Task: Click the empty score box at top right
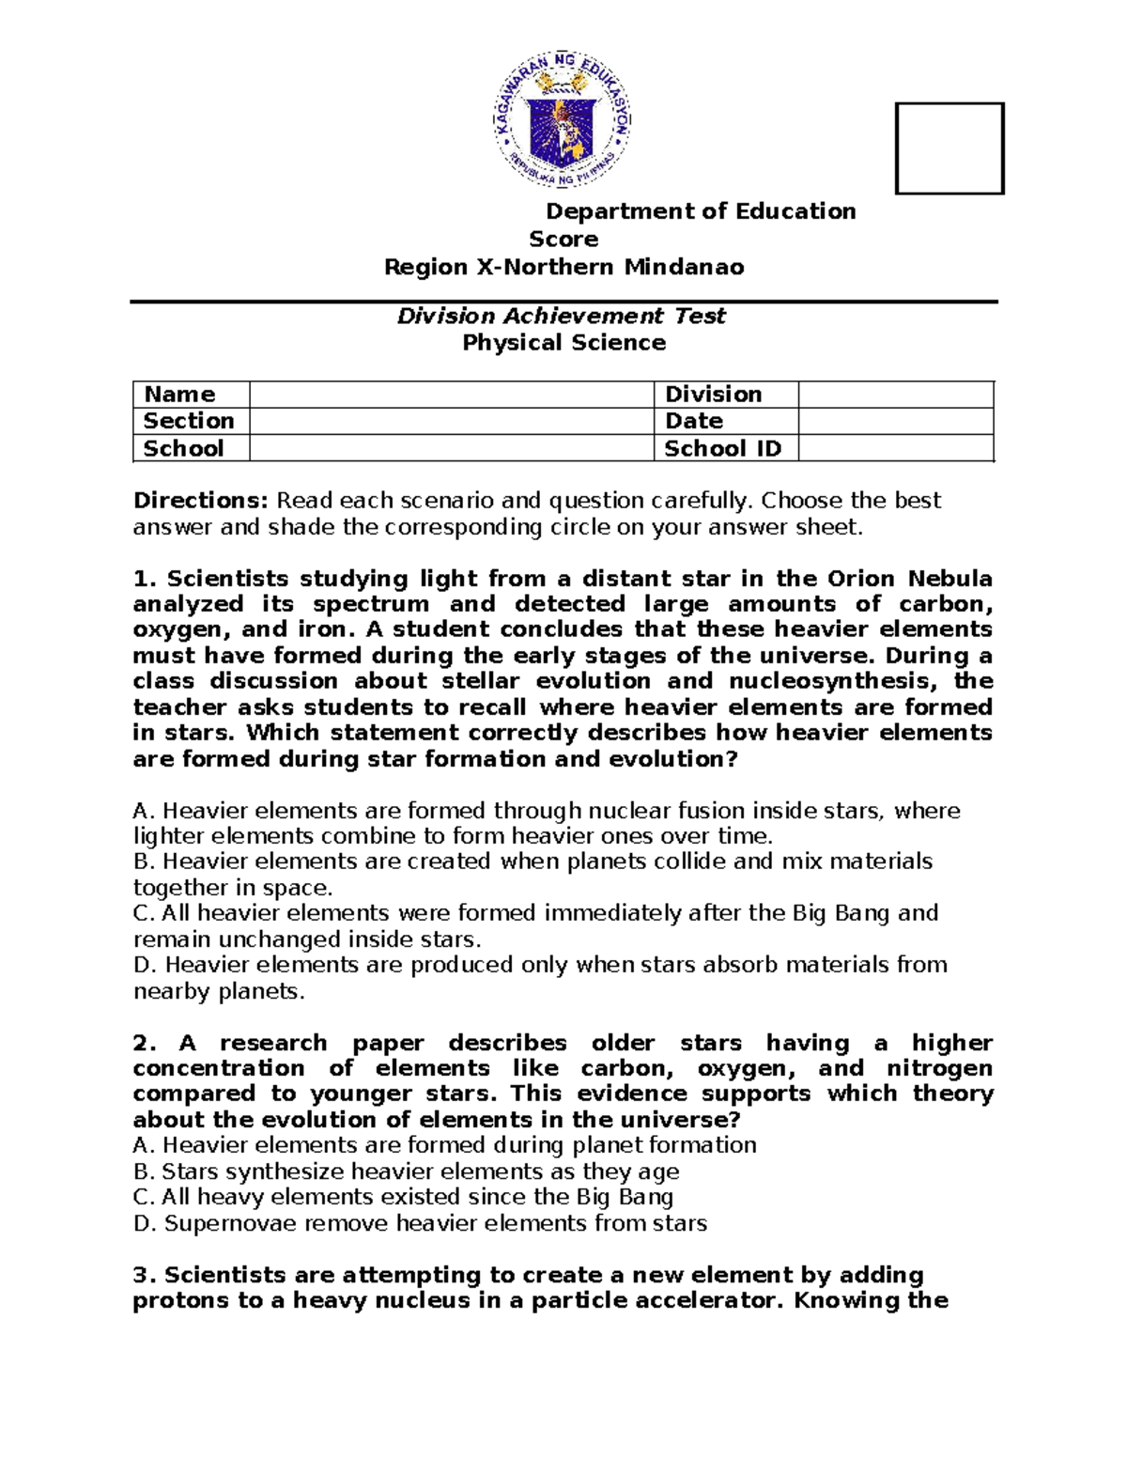(949, 148)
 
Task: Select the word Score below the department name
(563, 239)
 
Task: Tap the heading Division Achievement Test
(562, 316)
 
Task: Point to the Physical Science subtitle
(563, 343)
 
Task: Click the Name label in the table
(179, 395)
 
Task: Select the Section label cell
(189, 421)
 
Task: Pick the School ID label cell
(722, 448)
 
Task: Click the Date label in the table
(693, 421)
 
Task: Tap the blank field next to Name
(451, 395)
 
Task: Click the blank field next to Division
(895, 395)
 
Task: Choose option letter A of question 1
(142, 811)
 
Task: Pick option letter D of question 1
(143, 965)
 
